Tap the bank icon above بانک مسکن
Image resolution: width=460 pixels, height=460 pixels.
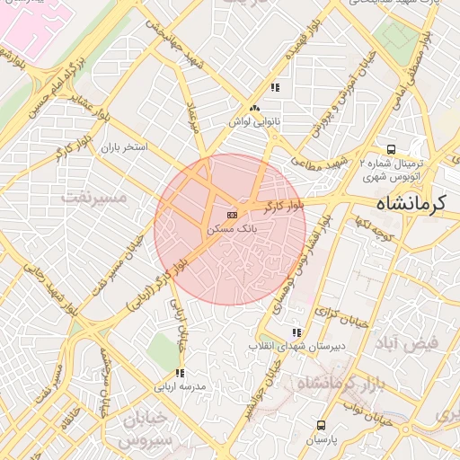(232, 215)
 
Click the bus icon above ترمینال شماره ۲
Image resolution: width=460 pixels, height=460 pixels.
(391, 149)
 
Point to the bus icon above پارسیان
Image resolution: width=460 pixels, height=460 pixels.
(321, 425)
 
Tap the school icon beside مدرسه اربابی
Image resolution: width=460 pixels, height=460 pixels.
(180, 373)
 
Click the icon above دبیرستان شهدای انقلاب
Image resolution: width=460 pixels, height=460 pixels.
(296, 332)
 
